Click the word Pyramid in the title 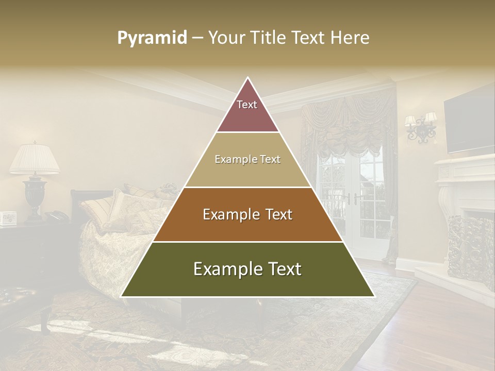(x=152, y=38)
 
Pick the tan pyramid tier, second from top (x=247, y=160)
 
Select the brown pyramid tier (x=247, y=214)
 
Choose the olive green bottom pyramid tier (x=247, y=269)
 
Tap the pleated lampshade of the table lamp (x=35, y=159)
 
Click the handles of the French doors (x=352, y=198)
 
